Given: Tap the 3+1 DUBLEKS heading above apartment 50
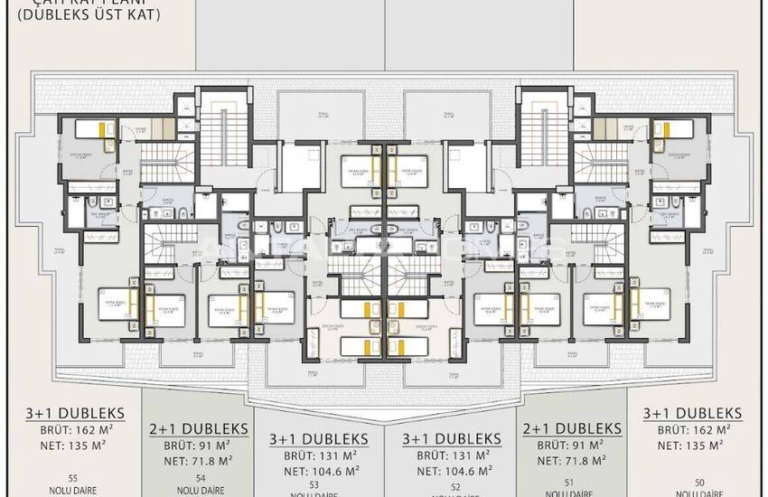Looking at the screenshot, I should pos(692,413).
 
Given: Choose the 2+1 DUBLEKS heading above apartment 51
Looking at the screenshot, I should pos(572,427).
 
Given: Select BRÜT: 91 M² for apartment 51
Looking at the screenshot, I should pos(572,445).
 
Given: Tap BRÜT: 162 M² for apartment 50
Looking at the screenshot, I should pos(692,430).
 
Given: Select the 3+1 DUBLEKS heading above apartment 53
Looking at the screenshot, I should pos(314,440).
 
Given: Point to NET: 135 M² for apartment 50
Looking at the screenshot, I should pos(692,445).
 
